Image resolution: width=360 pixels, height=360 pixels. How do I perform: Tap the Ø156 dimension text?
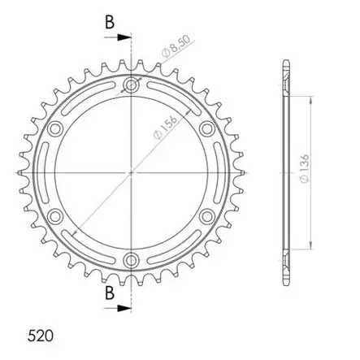tap(165, 128)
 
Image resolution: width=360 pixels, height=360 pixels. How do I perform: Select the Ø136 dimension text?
tap(305, 168)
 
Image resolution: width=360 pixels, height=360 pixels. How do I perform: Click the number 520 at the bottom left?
tap(41, 336)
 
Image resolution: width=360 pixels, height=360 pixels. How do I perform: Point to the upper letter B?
tap(110, 22)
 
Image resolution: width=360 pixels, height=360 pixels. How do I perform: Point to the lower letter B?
tap(110, 293)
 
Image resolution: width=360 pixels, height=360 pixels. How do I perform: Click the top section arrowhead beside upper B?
tap(124, 37)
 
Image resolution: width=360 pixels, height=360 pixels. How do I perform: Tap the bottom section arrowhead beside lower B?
tap(124, 308)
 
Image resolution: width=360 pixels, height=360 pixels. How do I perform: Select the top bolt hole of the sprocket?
tap(131, 85)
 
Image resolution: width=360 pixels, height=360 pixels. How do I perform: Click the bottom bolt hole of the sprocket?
tap(131, 261)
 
